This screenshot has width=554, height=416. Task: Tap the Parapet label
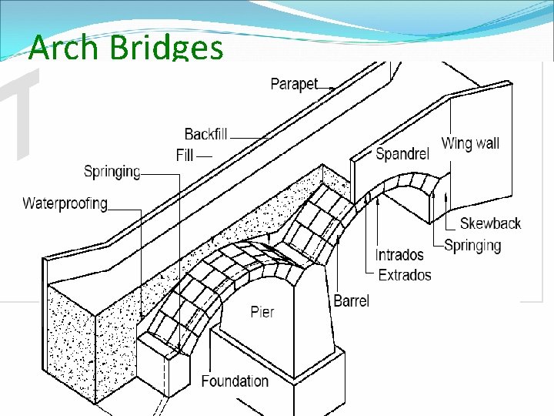294,84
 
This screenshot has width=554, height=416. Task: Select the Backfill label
205,134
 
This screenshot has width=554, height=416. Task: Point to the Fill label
185,156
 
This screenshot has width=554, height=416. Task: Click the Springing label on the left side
112,172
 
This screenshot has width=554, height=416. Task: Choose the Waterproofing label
65,204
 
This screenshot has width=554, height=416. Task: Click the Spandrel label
402,154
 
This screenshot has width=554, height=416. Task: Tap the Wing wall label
470,143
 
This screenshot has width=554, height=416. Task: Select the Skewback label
490,224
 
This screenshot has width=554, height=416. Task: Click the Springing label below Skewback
472,245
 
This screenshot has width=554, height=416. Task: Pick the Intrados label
399,255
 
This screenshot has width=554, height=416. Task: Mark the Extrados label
403,275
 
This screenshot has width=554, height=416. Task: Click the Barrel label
352,300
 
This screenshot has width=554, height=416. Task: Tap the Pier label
262,312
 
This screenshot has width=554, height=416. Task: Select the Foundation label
235,381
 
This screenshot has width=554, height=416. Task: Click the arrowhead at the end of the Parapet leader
332,89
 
